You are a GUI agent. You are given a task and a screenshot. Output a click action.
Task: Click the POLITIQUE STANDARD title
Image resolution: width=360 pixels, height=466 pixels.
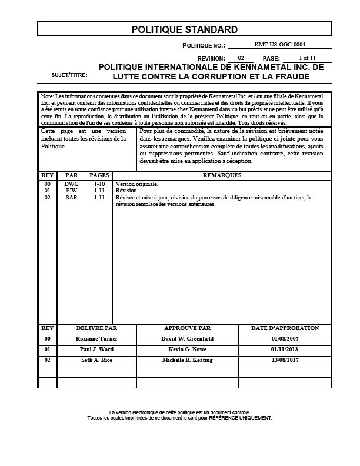(184, 29)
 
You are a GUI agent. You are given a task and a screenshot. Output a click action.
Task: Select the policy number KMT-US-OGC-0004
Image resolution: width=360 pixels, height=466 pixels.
(279, 44)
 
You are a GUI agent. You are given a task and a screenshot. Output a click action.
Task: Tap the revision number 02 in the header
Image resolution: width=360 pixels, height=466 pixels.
(241, 58)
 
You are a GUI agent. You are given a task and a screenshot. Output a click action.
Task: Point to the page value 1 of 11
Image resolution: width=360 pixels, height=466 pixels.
(307, 58)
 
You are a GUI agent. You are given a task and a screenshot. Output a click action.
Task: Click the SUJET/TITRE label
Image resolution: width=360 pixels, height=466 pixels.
(69, 76)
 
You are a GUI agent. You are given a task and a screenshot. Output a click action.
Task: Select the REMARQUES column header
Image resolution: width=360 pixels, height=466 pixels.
(221, 175)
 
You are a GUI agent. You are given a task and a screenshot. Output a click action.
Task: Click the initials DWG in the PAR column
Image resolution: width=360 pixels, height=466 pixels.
(71, 184)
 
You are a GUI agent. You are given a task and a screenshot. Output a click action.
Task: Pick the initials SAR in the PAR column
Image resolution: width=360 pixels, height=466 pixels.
(71, 197)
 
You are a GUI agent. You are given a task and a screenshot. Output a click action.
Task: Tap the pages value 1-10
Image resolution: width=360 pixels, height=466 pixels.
(99, 184)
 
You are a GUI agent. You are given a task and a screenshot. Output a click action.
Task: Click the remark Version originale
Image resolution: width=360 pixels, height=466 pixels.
(137, 184)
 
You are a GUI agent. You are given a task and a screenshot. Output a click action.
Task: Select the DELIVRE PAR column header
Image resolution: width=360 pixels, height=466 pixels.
(97, 328)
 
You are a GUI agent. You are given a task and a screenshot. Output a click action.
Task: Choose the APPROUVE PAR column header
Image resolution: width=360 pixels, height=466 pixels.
(187, 328)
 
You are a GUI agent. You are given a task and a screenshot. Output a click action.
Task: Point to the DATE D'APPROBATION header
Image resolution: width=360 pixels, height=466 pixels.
(285, 328)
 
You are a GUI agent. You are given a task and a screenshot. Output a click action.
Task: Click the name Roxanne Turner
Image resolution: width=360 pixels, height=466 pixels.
(97, 339)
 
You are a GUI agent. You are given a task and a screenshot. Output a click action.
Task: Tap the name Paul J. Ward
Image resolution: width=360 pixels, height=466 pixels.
(97, 349)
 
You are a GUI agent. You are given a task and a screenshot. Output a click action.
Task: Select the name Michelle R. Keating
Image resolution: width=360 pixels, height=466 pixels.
(187, 360)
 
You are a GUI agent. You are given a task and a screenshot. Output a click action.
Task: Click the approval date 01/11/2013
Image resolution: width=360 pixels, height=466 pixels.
(285, 349)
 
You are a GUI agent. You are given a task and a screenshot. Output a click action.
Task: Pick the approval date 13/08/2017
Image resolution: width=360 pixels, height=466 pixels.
(285, 360)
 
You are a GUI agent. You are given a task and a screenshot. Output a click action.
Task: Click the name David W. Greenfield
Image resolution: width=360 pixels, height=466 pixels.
(187, 339)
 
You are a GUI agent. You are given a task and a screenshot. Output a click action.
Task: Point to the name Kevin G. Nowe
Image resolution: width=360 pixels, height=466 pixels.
(187, 349)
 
